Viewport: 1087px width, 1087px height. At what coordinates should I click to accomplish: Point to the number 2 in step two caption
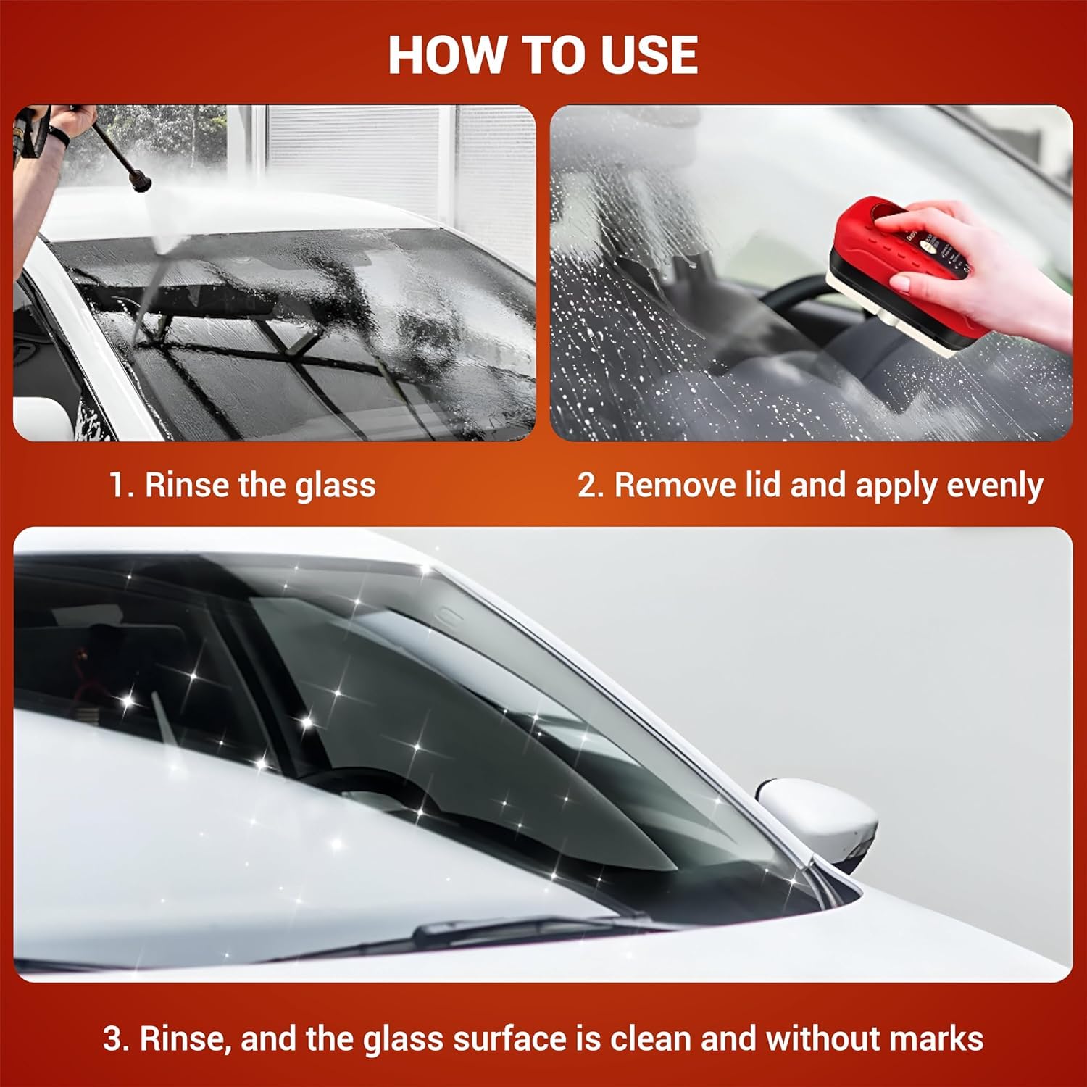[x=587, y=485]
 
